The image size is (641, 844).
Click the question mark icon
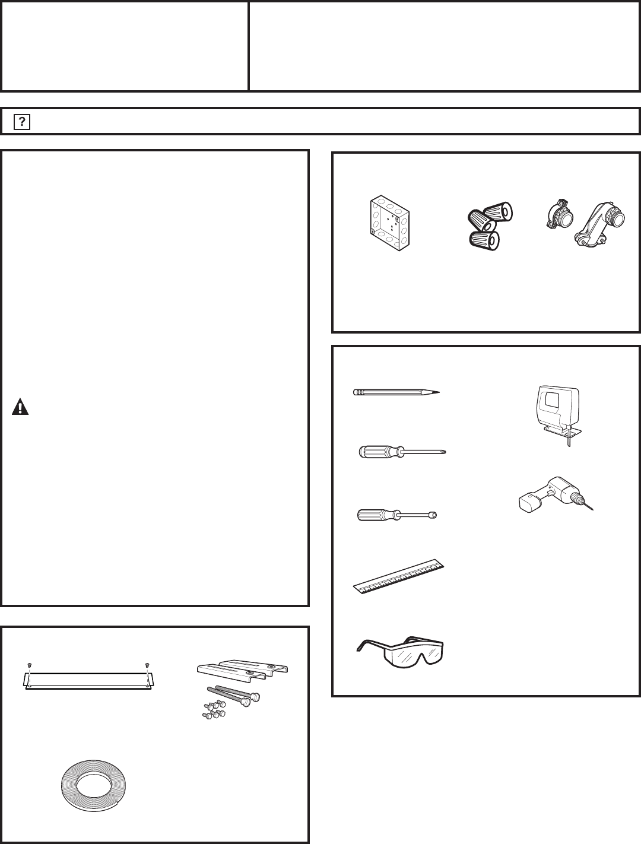[22, 122]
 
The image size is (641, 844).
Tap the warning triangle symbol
[20, 407]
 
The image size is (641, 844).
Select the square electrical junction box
[389, 223]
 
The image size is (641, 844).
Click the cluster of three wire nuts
[490, 226]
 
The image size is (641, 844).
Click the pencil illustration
[396, 392]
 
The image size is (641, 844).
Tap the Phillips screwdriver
[402, 452]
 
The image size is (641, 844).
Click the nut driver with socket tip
[397, 515]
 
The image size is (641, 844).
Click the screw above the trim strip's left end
[29, 665]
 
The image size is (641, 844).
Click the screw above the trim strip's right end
[147, 665]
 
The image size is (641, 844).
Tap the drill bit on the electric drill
[588, 505]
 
